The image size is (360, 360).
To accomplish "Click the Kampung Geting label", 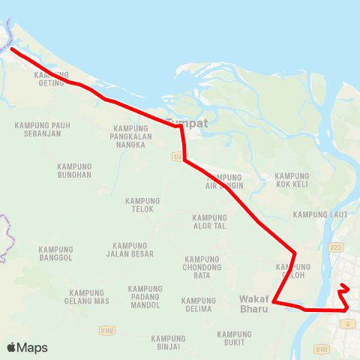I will click(51, 79).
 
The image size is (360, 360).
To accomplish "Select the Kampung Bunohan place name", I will click(74, 170).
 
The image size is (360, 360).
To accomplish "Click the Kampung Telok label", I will click(143, 205).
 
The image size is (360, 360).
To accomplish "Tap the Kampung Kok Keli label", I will click(292, 179).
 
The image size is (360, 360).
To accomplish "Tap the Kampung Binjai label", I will click(168, 343).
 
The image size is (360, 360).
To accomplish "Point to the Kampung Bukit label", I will click(235, 338).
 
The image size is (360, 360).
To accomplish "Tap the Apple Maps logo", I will click(27, 347).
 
